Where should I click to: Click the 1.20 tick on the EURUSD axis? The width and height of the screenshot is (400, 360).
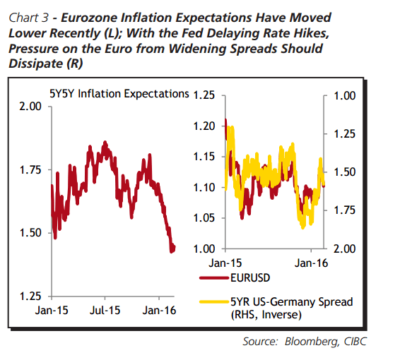click(x=203, y=126)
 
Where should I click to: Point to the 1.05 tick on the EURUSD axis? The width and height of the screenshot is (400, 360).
click(x=203, y=217)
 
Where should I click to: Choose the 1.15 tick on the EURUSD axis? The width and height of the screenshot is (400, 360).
click(x=203, y=156)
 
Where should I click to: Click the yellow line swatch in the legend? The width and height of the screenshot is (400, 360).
click(x=213, y=302)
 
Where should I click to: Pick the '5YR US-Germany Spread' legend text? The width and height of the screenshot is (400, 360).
click(x=292, y=302)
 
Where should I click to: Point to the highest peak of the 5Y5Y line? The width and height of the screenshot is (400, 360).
click(x=105, y=142)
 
